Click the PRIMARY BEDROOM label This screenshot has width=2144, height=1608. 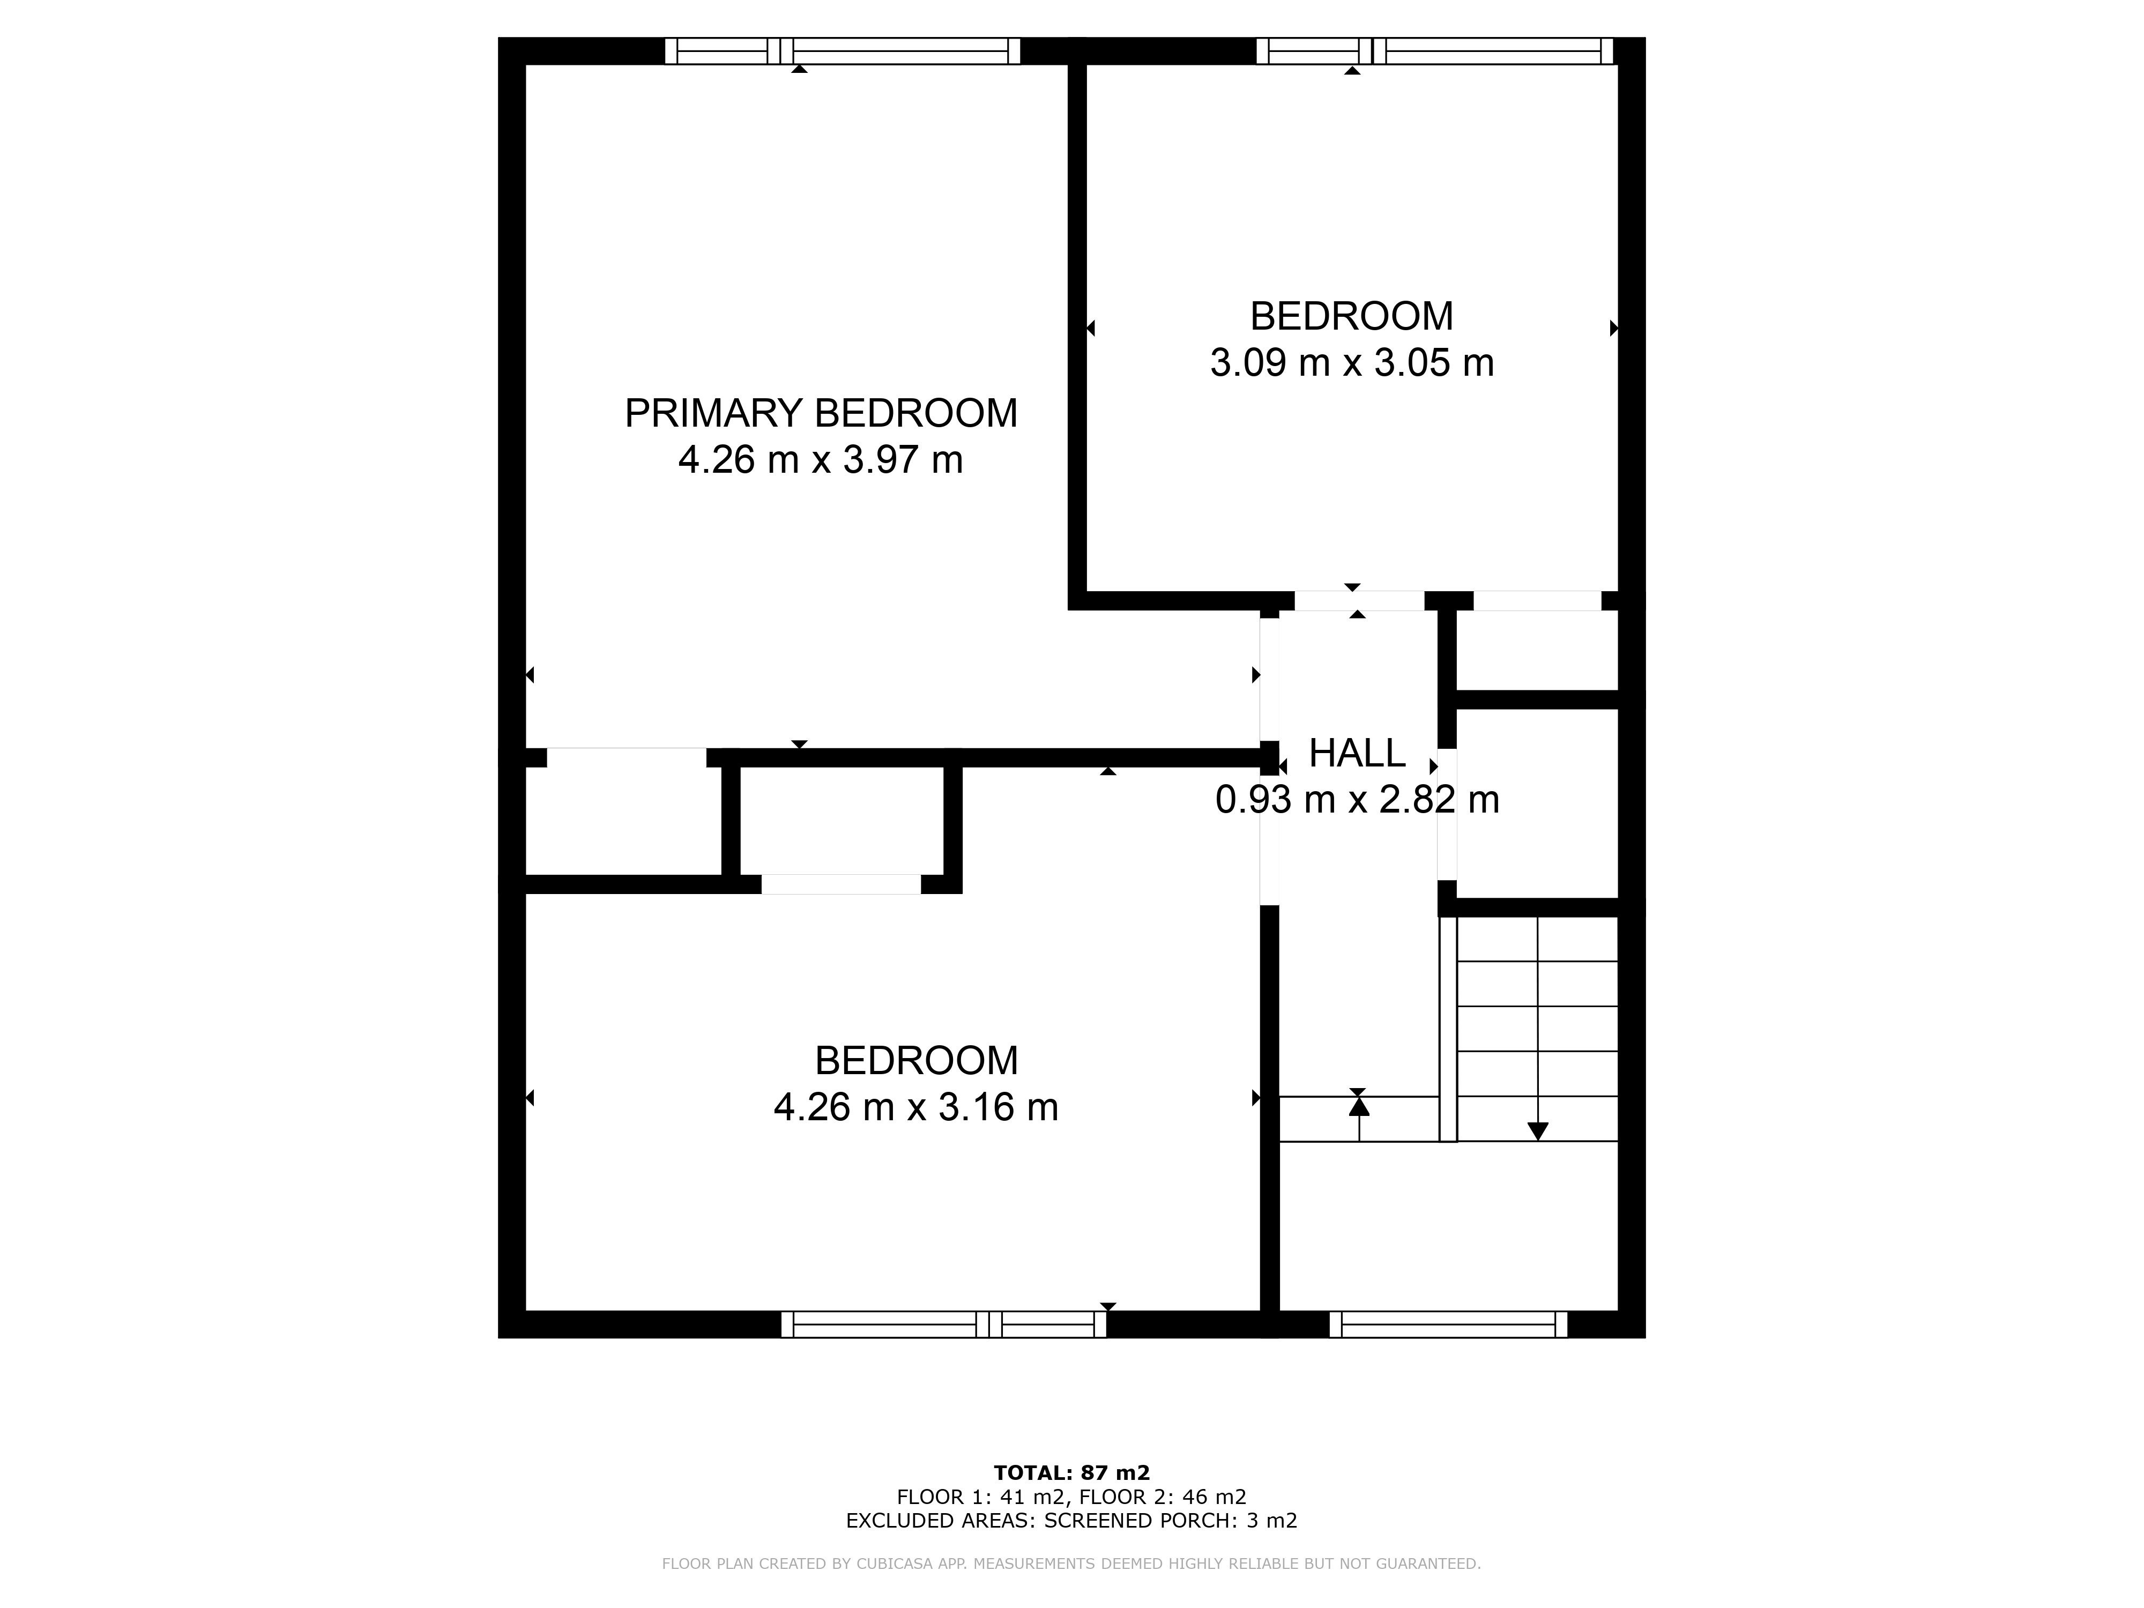[x=821, y=414]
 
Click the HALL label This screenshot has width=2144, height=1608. [x=1357, y=753]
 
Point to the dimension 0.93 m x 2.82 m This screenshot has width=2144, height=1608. [x=1357, y=800]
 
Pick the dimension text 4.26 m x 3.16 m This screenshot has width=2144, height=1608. [x=916, y=1107]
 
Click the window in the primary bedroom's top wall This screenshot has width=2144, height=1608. [x=842, y=50]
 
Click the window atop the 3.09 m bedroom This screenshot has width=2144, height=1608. [x=1434, y=50]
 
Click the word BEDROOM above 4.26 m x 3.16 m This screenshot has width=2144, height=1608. [x=916, y=1060]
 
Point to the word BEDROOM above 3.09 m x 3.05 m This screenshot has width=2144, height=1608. [x=1352, y=317]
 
